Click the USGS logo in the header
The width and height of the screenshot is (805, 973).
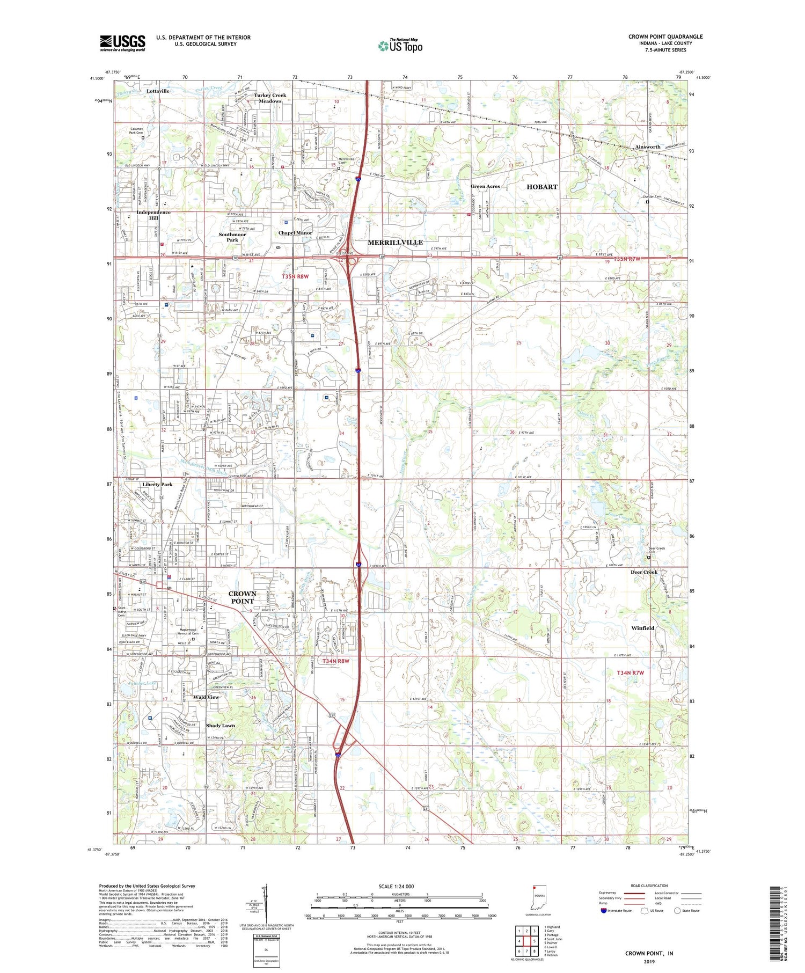122,43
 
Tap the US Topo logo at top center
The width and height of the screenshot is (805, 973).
400,46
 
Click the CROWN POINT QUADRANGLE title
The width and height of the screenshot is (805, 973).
665,36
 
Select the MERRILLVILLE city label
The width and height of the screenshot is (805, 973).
395,243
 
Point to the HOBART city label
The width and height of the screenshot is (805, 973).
541,187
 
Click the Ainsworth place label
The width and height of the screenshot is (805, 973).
648,147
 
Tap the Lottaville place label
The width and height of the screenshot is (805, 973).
158,91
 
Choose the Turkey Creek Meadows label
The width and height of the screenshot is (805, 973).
270,98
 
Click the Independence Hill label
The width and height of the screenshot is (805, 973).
153,215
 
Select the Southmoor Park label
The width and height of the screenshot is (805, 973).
232,237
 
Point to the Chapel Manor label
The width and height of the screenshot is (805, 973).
295,233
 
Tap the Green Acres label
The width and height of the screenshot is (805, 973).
485,187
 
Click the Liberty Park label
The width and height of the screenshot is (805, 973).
157,484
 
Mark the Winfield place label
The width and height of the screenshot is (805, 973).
643,628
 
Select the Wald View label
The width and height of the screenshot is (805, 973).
206,697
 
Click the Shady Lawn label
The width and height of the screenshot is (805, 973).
221,726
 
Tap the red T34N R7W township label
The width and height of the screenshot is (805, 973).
630,673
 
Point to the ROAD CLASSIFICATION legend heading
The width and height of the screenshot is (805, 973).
649,886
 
